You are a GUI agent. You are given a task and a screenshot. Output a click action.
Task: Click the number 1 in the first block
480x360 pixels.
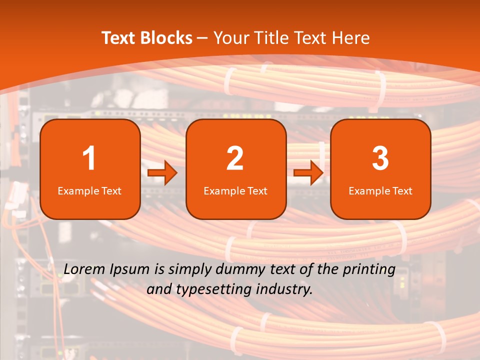pos(89,158)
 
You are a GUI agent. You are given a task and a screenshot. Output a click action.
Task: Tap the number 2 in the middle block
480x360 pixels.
pos(235,158)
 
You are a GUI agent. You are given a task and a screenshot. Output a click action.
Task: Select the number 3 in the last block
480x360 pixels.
pos(380,158)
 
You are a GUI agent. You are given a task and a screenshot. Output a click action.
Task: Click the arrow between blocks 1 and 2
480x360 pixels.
pos(162,173)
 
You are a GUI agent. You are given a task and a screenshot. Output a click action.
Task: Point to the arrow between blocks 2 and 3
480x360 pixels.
pos(308,173)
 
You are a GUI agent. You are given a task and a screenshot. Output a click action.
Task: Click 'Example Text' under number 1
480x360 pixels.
pos(89,191)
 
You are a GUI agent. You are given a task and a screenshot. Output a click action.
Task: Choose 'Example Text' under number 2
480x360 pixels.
pos(235,191)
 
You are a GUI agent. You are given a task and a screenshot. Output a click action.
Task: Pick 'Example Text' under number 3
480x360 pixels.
pos(380,191)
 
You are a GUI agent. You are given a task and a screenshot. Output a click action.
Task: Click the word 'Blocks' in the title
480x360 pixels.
pos(165,38)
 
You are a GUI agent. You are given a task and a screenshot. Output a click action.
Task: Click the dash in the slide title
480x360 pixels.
pos(203,38)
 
